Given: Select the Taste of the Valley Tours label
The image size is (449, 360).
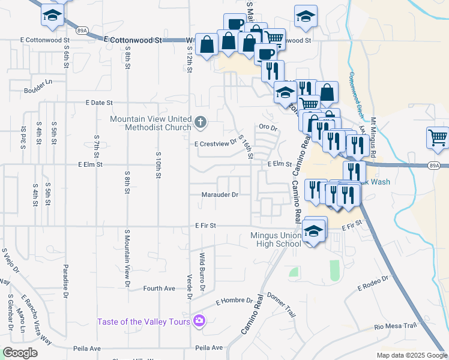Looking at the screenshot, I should tap(144, 321).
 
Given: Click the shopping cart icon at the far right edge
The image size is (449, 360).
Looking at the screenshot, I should tap(438, 137).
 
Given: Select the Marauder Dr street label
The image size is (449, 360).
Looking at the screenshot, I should tap(220, 194).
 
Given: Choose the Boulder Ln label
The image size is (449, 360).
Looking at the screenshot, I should tap(38, 90).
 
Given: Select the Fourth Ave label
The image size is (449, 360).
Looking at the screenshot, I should tap(158, 289).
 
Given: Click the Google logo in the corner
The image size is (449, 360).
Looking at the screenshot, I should tap(20, 353).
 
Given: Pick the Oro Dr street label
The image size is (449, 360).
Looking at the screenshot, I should tap(268, 127).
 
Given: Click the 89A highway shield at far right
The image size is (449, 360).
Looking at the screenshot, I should tap(435, 165).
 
